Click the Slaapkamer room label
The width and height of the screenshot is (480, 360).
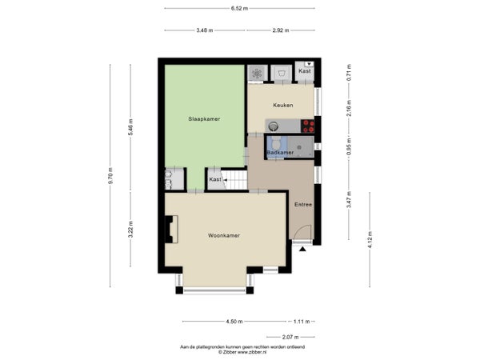click(204, 119)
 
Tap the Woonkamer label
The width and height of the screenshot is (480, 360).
click(224, 235)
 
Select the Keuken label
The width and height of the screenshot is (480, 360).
click(283, 105)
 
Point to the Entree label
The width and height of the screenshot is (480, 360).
click(303, 205)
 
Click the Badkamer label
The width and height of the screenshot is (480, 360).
click(280, 153)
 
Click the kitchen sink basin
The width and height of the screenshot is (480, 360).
click(273, 126)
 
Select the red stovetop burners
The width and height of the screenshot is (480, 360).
click(308, 126)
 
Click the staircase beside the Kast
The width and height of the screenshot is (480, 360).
click(234, 180)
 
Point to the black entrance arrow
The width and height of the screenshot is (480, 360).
click(302, 249)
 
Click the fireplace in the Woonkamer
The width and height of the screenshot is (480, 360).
click(172, 230)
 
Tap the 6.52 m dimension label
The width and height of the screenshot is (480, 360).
click(239, 9)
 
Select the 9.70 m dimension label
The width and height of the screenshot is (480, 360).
click(111, 176)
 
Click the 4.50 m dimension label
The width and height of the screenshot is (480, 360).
click(234, 322)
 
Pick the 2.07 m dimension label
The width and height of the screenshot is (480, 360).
click(290, 337)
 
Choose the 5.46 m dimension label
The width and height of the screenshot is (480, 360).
click(130, 127)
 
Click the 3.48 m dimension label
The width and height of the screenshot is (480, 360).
click(205, 30)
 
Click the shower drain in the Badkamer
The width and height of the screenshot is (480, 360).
click(299, 147)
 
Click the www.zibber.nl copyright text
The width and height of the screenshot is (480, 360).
click(242, 352)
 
